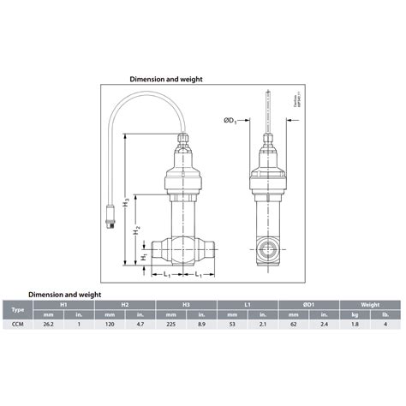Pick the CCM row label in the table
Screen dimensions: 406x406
tap(17, 325)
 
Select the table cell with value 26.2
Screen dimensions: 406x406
tap(48, 325)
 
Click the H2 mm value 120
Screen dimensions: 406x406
tap(110, 325)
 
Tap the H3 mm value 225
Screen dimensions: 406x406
tap(171, 325)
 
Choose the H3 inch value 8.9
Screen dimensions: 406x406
tap(201, 325)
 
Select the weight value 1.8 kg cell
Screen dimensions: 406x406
tap(355, 325)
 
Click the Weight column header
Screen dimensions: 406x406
tap(369, 303)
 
